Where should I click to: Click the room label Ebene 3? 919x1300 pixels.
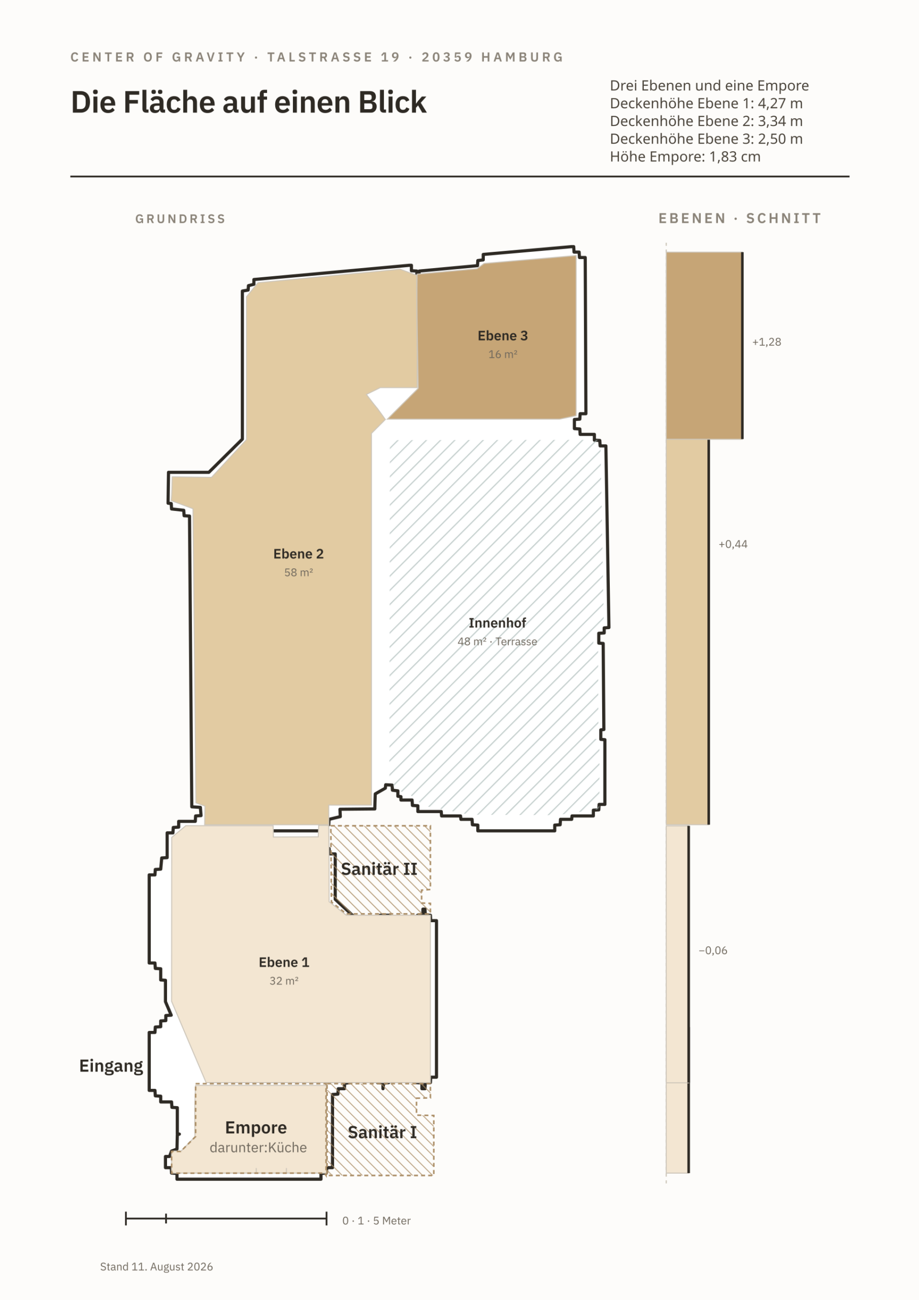pos(502,336)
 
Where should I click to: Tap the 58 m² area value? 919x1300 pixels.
pos(299,572)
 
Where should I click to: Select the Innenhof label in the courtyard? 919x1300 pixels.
pos(497,623)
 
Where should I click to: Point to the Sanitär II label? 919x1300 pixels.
pos(379,869)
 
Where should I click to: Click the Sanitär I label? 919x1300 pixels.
pos(382,1132)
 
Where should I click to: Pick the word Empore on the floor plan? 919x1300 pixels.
pos(256,1128)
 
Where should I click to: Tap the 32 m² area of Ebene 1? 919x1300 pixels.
pos(284,981)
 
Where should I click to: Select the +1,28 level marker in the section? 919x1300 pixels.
pos(767,342)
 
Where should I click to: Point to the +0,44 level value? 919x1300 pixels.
pos(733,544)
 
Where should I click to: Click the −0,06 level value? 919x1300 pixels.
pos(713,951)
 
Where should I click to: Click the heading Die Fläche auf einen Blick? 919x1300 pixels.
pos(249,103)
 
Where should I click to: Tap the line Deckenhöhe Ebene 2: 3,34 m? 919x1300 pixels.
pos(706,121)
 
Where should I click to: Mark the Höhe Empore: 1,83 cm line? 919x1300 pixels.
pos(685,157)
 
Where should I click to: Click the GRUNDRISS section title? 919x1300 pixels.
pos(181,219)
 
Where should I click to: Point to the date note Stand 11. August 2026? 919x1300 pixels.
pos(156,1266)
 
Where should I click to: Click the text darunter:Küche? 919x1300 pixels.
pos(258,1148)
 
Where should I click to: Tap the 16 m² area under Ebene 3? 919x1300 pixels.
pos(503,354)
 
